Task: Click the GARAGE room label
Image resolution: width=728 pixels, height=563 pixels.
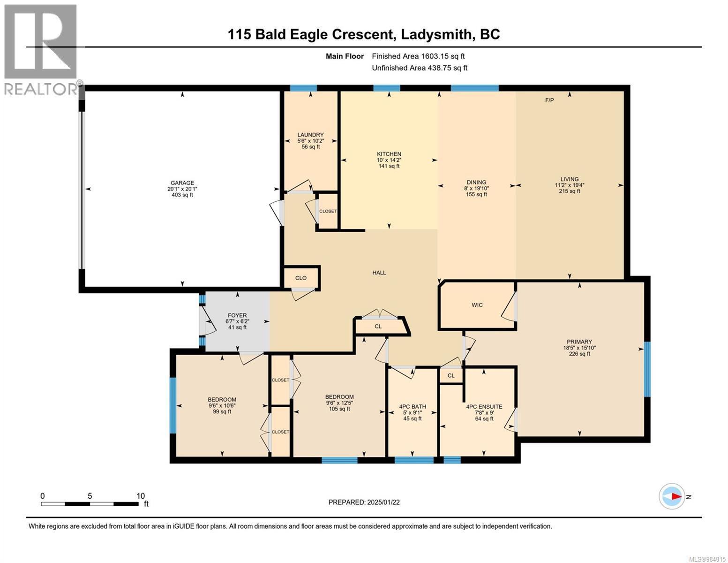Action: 182,183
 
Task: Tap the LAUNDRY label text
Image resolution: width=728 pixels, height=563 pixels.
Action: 311,135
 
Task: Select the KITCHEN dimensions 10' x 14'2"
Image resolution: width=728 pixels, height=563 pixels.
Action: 389,160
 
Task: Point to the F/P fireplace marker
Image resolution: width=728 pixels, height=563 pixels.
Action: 549,100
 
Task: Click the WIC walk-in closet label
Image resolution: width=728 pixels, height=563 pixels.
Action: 477,305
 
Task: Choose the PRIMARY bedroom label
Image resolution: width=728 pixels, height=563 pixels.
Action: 579,342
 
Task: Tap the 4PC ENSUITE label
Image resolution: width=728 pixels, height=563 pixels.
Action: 484,407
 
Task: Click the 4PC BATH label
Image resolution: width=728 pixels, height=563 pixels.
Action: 413,407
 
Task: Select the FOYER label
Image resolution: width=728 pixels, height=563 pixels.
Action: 237,315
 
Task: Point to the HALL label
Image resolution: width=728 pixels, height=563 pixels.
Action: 379,273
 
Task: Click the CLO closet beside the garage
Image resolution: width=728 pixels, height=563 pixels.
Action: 301,278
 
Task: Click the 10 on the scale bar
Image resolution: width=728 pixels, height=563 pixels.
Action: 141,496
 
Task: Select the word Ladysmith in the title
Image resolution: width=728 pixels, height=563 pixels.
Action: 435,35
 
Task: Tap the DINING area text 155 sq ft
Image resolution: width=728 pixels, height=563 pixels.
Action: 476,194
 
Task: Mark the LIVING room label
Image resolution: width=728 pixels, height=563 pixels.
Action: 570,179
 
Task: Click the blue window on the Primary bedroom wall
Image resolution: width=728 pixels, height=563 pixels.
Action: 647,369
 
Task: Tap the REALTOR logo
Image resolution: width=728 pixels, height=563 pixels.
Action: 41,50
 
